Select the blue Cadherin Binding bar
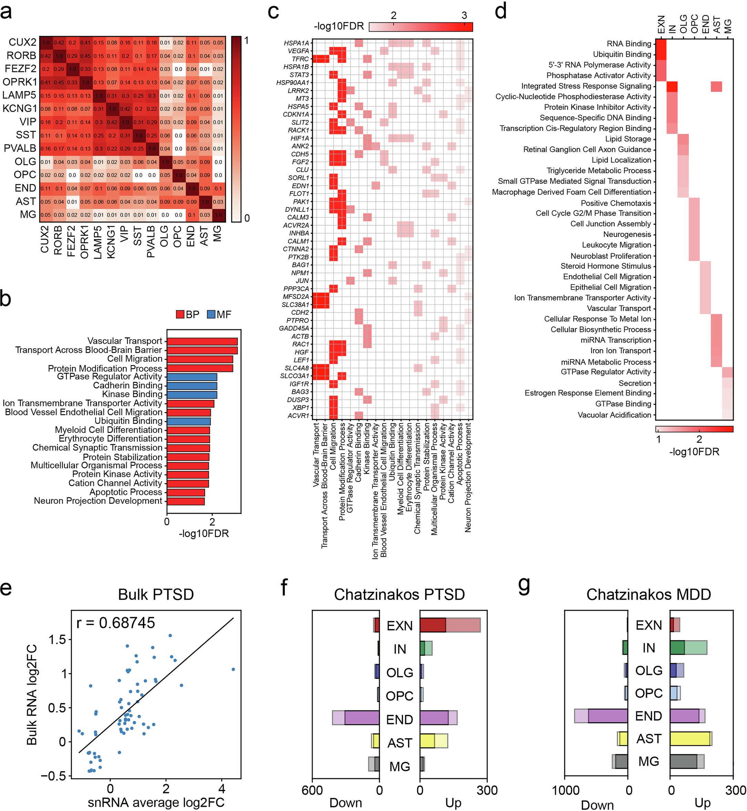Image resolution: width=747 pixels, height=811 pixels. click(x=192, y=385)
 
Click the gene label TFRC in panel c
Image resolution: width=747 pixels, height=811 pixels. click(x=300, y=59)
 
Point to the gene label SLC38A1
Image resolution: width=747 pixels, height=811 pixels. click(x=296, y=305)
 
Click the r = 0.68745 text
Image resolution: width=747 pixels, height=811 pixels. click(x=116, y=623)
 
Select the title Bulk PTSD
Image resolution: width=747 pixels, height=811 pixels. click(x=156, y=594)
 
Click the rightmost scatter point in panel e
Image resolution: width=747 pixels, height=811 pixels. click(x=233, y=669)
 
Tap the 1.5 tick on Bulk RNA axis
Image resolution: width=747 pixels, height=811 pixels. click(x=57, y=640)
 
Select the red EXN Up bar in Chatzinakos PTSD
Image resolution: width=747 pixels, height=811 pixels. click(x=432, y=625)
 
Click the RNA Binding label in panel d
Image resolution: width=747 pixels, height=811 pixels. click(x=629, y=44)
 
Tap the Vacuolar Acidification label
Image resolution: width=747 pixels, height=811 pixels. click(x=614, y=415)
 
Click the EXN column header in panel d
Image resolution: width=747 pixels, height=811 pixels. click(x=661, y=24)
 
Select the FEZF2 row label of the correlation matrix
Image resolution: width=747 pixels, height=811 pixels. click(x=20, y=69)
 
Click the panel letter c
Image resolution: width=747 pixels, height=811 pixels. click(x=273, y=11)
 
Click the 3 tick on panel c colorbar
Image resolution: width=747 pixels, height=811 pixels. click(x=464, y=15)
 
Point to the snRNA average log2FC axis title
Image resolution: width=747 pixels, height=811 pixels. click(x=156, y=802)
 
